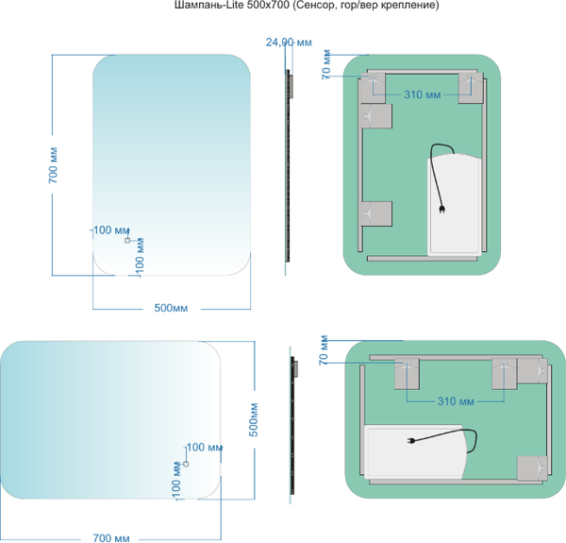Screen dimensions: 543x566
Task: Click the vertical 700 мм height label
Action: tap(55, 164)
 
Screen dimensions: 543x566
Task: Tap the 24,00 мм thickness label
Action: tap(289, 42)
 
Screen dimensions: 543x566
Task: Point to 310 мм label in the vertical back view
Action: tap(422, 94)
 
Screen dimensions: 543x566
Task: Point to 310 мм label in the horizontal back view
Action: tap(457, 401)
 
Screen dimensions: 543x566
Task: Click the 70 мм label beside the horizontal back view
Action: tap(324, 350)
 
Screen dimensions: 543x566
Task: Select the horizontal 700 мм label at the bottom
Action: tap(110, 536)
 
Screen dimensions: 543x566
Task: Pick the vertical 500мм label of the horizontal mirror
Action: tap(252, 418)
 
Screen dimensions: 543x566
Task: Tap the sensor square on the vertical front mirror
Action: tap(126, 241)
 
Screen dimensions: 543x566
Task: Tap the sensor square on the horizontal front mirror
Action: tap(185, 464)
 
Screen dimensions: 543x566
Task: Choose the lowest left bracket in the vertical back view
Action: tap(377, 214)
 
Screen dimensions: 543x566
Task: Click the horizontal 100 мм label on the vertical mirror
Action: tap(111, 230)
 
